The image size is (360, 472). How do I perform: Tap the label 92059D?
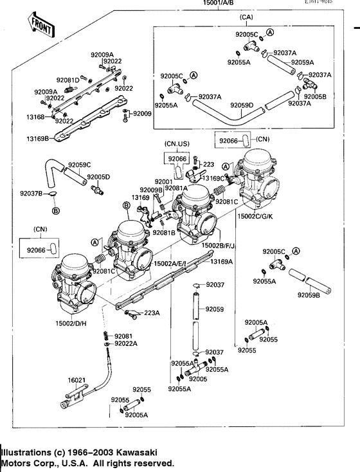coord(242,105)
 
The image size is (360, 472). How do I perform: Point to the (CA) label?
coord(245,17)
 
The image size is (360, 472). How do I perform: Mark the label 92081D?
coord(67,80)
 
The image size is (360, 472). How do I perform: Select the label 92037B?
coord(31,193)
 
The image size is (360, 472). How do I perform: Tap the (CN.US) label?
coord(177,143)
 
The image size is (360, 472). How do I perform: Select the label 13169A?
coord(221,262)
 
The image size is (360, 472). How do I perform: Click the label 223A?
coord(151,313)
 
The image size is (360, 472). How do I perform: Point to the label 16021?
coord(76,381)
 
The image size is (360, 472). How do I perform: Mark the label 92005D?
coord(98,176)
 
